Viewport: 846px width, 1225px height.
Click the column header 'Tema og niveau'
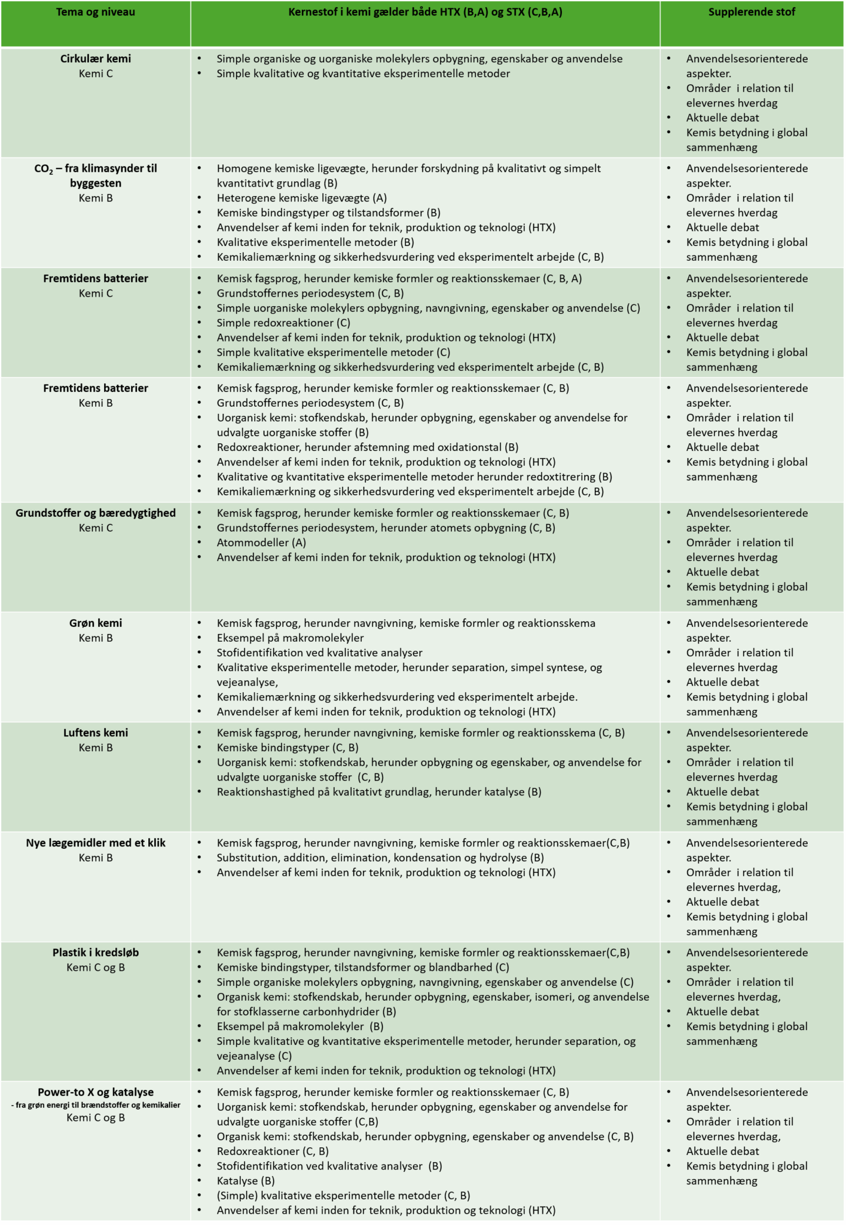(x=95, y=12)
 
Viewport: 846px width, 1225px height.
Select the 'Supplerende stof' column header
(x=751, y=12)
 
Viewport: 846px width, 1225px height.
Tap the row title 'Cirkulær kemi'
(x=95, y=59)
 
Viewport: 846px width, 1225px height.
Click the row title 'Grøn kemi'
(x=95, y=623)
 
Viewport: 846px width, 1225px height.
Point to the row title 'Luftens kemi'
(x=95, y=733)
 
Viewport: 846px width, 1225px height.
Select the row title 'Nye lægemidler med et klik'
(x=95, y=843)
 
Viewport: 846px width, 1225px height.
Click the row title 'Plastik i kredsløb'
(x=95, y=952)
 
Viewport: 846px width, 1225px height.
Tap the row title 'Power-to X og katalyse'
(x=95, y=1092)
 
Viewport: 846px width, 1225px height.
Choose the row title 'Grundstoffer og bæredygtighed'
(x=95, y=513)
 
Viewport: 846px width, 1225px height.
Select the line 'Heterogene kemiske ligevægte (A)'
(x=301, y=198)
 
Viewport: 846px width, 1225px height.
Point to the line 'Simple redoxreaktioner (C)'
(x=283, y=323)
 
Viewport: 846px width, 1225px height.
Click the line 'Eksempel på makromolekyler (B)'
(x=300, y=1026)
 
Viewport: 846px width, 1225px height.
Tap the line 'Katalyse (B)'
(x=245, y=1181)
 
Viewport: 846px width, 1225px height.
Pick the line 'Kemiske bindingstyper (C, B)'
(x=287, y=748)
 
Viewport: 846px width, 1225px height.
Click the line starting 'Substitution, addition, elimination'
(x=380, y=858)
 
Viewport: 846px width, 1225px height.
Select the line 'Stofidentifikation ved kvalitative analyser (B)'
(x=329, y=1166)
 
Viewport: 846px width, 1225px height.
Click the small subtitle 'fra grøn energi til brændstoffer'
(x=95, y=1105)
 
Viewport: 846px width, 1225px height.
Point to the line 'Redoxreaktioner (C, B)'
(x=272, y=1151)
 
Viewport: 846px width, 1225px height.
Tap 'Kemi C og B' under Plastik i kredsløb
(x=95, y=967)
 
